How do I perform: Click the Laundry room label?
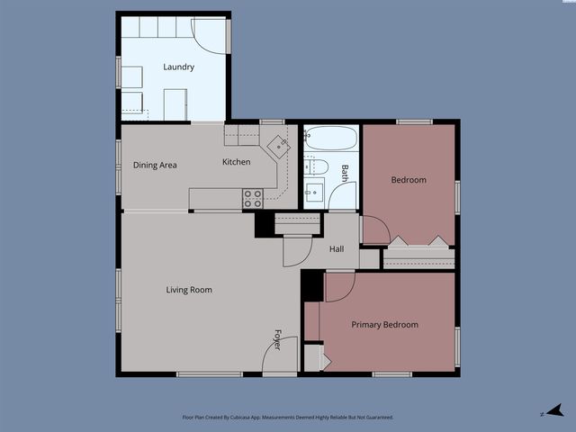click(x=178, y=67)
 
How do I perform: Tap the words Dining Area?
click(x=155, y=165)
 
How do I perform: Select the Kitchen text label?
click(x=237, y=162)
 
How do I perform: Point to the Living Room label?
click(x=189, y=289)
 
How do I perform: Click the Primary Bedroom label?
click(x=384, y=324)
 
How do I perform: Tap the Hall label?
click(x=336, y=249)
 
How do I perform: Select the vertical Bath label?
click(x=345, y=172)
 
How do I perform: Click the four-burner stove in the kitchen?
click(x=253, y=198)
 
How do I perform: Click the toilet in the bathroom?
click(x=317, y=166)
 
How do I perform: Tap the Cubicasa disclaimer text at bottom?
click(x=287, y=417)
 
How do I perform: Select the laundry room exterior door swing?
click(x=212, y=35)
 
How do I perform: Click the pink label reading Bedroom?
click(x=408, y=180)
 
